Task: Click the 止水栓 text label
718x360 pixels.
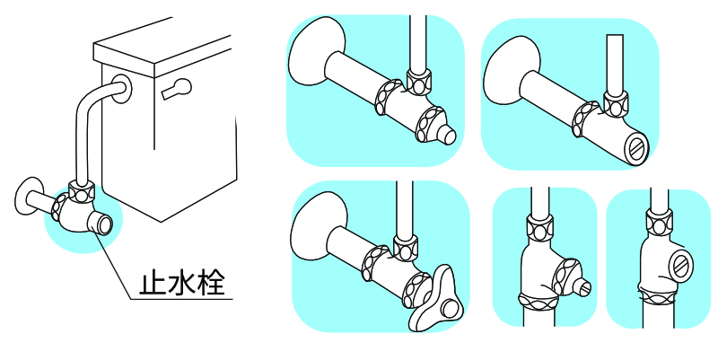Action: (185, 283)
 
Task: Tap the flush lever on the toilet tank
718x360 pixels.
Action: (177, 89)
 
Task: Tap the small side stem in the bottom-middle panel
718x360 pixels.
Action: (583, 288)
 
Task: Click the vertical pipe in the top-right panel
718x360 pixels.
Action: (615, 63)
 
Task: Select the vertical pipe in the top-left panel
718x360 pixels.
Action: (416, 40)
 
